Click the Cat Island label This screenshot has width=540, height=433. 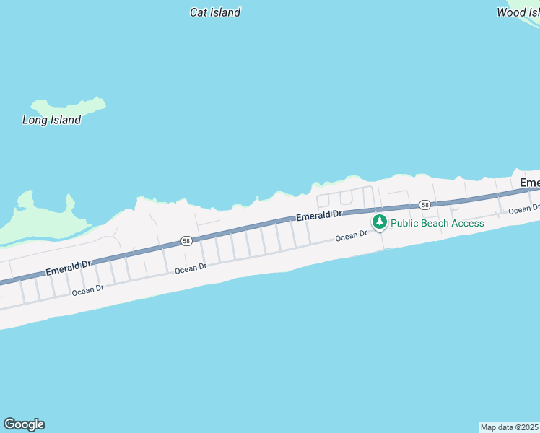[214, 12]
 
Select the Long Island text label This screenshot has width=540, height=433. [51, 121]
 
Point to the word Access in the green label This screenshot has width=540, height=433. [468, 223]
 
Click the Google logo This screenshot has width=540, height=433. [24, 424]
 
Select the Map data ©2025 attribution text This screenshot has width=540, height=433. [509, 427]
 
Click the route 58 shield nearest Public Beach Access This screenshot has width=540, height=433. [425, 205]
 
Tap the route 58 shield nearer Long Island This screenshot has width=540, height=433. [186, 241]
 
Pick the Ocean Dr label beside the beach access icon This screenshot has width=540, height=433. [351, 236]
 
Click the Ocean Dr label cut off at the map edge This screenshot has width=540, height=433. [523, 209]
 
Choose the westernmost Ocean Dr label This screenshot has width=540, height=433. [88, 290]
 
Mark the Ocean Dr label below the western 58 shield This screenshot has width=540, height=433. [191, 267]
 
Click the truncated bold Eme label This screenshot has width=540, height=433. [530, 183]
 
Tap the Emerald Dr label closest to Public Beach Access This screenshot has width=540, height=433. [318, 216]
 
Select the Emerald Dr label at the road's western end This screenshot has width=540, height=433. [69, 268]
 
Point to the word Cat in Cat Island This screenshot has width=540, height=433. [198, 12]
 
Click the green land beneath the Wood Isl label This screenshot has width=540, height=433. [528, 26]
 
